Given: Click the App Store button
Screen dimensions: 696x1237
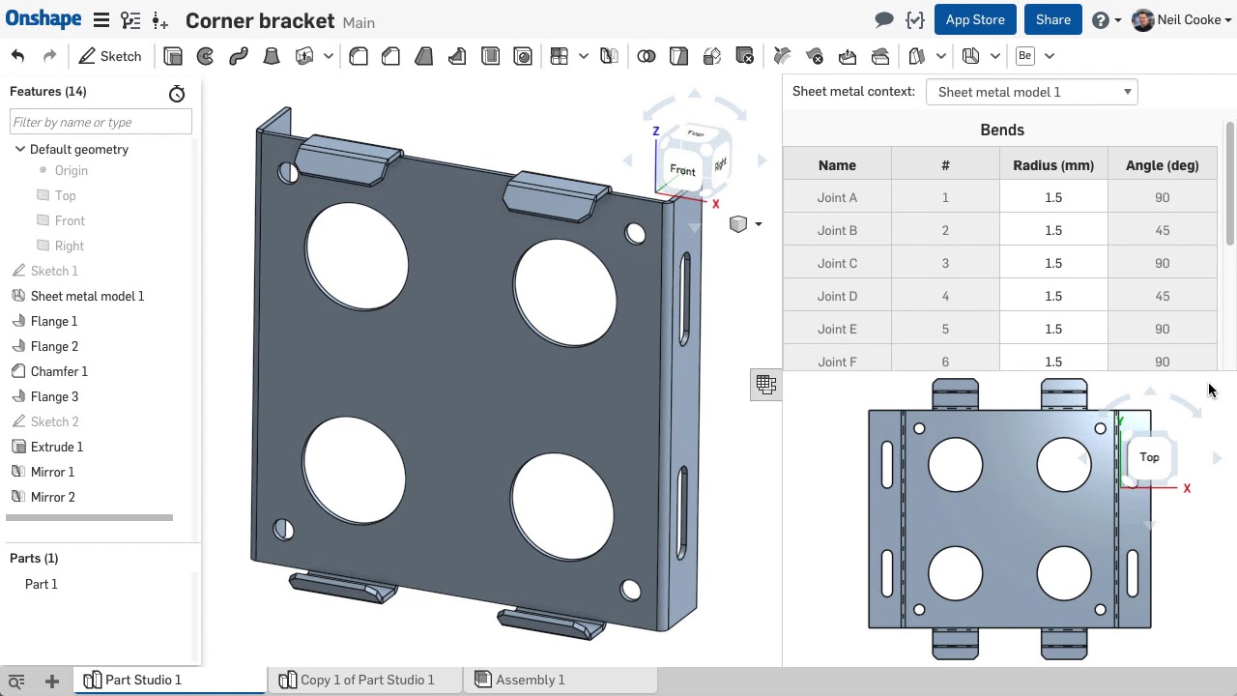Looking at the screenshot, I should [x=974, y=20].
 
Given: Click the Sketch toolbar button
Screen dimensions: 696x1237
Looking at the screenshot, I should [x=110, y=56].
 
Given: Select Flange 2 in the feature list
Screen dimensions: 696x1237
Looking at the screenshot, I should [x=54, y=346].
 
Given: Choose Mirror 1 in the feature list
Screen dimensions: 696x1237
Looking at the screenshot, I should [x=52, y=472].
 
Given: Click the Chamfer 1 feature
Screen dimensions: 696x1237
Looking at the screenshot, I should [x=58, y=371].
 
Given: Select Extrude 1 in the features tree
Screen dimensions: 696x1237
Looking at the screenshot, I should [x=56, y=447].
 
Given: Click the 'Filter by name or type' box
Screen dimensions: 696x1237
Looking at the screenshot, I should [x=101, y=122].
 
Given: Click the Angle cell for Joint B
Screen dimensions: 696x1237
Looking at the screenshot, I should [x=1162, y=230].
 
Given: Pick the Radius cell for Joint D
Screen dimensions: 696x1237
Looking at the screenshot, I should [x=1052, y=296].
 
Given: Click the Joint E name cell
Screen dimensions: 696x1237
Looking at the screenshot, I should [x=837, y=329].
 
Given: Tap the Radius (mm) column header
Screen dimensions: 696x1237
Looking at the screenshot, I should [x=1052, y=165].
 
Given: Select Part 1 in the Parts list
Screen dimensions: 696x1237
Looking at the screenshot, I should [x=42, y=584].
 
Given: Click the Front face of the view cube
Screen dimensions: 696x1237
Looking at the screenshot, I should [x=682, y=171].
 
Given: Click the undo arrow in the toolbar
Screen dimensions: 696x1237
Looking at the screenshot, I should [x=17, y=56].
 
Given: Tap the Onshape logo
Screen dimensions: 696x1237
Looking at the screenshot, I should [x=43, y=19].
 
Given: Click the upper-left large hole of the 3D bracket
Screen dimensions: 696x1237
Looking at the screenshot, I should [x=357, y=255].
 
